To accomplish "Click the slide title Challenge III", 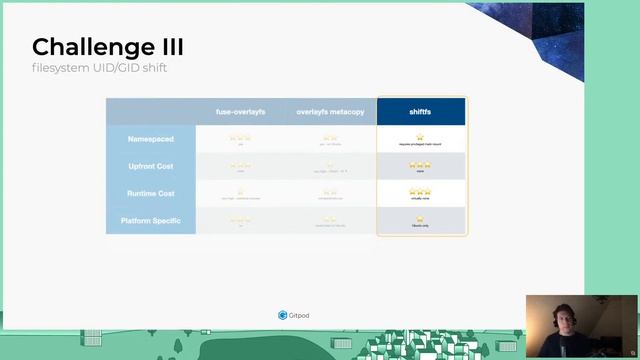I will click(107, 47).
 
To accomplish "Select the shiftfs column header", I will click(420, 111).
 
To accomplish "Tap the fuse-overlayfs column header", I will click(240, 111).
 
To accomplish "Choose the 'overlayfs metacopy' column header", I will click(329, 111).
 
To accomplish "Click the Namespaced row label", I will click(151, 138).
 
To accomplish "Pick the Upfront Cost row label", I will click(151, 166).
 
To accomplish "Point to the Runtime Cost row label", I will click(151, 193).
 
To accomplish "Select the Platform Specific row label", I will click(151, 220).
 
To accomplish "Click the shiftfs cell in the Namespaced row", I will click(420, 139).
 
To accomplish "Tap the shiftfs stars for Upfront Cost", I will click(420, 165).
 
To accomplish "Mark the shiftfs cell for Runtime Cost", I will click(420, 192).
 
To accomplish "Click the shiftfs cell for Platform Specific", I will click(420, 221).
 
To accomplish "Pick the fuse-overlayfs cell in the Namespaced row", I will click(240, 139).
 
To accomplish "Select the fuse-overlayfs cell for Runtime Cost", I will click(240, 193).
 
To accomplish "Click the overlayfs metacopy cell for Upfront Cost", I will click(329, 166).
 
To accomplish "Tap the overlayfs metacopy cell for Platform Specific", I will click(329, 221).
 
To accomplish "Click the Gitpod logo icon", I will click(282, 315).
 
